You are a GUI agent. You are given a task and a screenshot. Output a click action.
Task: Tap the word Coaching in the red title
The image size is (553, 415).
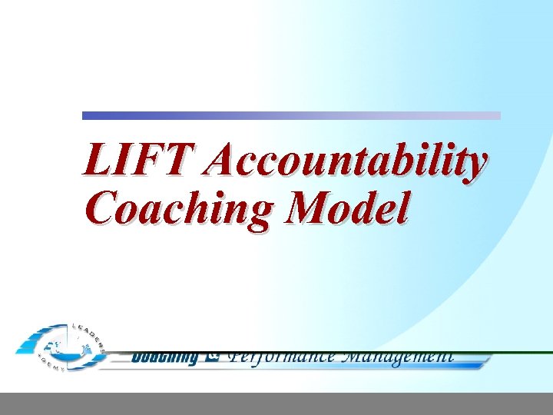point(176,208)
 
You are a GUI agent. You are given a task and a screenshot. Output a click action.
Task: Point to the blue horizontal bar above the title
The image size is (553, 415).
point(291,115)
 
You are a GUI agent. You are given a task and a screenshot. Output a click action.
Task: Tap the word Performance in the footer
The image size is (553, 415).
point(280,356)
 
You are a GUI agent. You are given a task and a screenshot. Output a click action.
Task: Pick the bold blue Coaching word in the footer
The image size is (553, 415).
point(164,357)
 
